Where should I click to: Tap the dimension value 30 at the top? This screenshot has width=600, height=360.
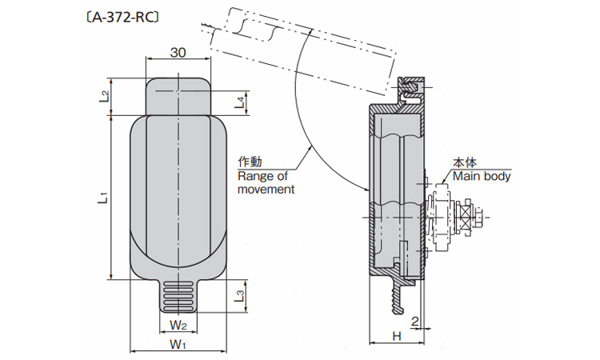point(178,53)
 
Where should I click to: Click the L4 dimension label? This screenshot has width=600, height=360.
point(240,102)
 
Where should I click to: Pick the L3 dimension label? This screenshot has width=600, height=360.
point(238,296)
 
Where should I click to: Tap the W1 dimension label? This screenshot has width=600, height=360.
point(178,345)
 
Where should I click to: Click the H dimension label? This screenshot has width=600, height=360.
point(397,334)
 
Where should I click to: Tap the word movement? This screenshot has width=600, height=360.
point(266,190)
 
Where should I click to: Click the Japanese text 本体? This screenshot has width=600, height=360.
point(465,162)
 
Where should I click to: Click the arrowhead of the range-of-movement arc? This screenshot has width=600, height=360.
point(365,191)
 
